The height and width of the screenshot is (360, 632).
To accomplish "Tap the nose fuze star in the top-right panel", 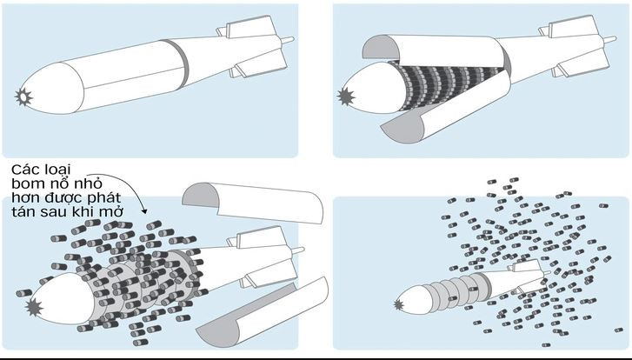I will pos(347,94).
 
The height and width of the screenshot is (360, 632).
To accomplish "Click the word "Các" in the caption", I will pos(27,167).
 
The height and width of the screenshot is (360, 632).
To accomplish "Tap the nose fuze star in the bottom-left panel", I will pos(36,307).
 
